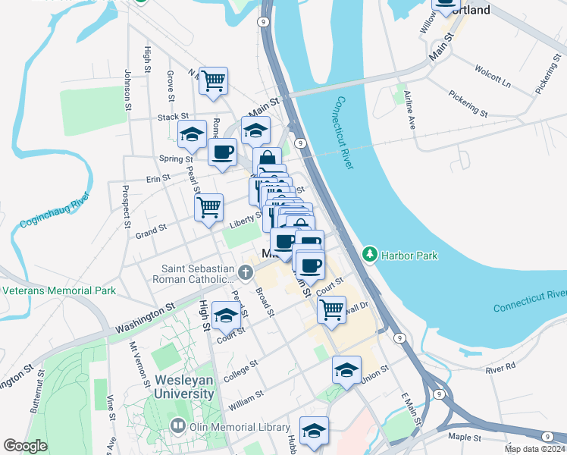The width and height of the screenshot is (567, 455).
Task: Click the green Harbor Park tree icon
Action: tap(370, 255)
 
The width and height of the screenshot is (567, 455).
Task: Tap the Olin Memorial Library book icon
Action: tap(178, 426)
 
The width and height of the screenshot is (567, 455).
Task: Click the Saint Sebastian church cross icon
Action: tap(245, 271)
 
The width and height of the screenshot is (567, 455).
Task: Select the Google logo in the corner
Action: tap(25, 446)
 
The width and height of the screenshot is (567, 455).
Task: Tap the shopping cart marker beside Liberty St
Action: tap(209, 206)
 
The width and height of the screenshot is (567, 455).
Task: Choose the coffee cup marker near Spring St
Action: tap(222, 152)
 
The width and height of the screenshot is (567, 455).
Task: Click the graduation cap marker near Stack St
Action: tap(193, 135)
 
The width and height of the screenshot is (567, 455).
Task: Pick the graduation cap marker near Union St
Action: tap(346, 370)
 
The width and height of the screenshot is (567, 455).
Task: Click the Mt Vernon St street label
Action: tap(136, 360)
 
